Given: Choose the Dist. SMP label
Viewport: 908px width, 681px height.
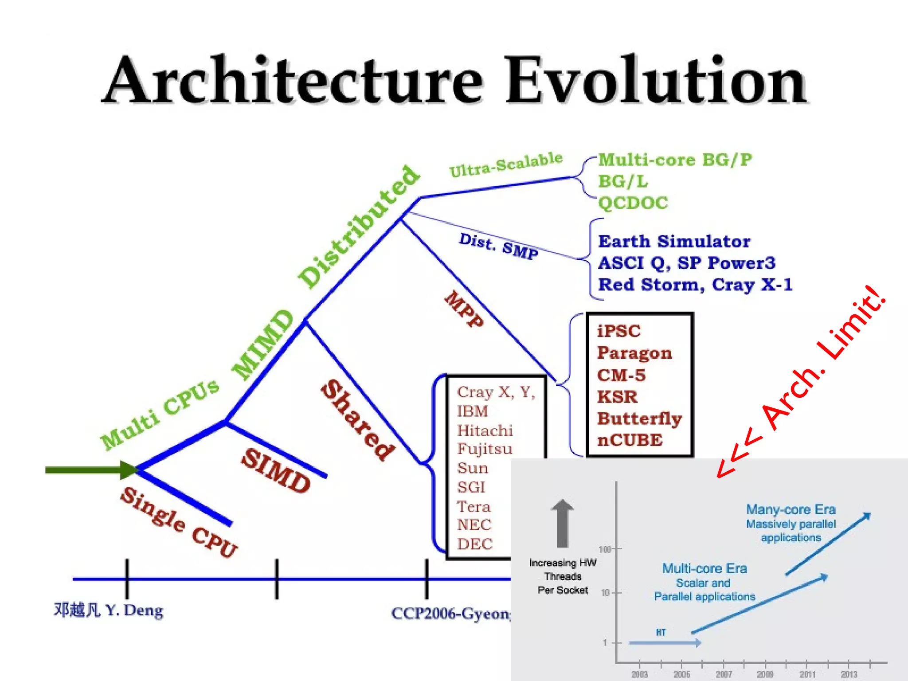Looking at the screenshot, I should point(499,246).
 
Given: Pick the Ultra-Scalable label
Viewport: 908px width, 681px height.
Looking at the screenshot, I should point(506,164).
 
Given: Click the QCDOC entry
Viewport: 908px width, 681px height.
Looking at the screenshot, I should point(633,203).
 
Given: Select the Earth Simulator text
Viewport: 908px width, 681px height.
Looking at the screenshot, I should point(674,242).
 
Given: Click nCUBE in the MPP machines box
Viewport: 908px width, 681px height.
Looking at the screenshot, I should point(630,440).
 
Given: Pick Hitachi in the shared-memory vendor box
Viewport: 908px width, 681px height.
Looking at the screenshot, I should point(485,431).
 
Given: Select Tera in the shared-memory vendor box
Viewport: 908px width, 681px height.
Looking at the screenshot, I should point(474,507).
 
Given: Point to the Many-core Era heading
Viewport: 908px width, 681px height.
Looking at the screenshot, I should point(791,509).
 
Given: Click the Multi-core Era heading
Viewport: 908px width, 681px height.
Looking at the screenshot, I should point(704,568).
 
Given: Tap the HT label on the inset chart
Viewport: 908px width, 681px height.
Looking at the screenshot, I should point(661,632).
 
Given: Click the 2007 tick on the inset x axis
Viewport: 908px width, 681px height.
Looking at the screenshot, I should point(724,674).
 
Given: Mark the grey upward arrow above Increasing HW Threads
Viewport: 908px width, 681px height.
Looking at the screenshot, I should point(562,523).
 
